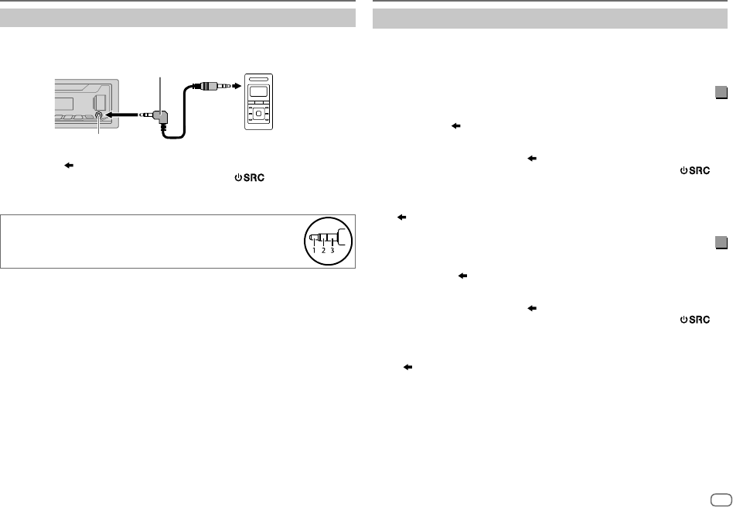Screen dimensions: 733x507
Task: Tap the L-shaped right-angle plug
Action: [x=162, y=116]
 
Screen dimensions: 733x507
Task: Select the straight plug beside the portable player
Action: [x=209, y=88]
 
